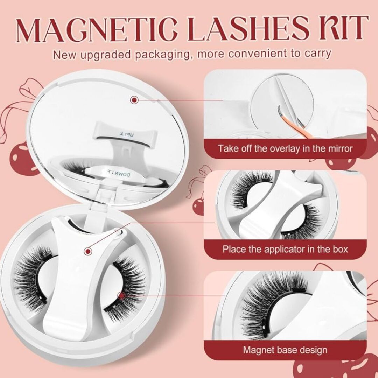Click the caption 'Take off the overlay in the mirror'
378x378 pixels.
click(x=285, y=148)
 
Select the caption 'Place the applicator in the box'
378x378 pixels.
click(x=285, y=249)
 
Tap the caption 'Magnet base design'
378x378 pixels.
click(x=285, y=350)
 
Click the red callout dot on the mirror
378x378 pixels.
click(x=134, y=99)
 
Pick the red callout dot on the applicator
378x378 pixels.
click(x=88, y=251)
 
